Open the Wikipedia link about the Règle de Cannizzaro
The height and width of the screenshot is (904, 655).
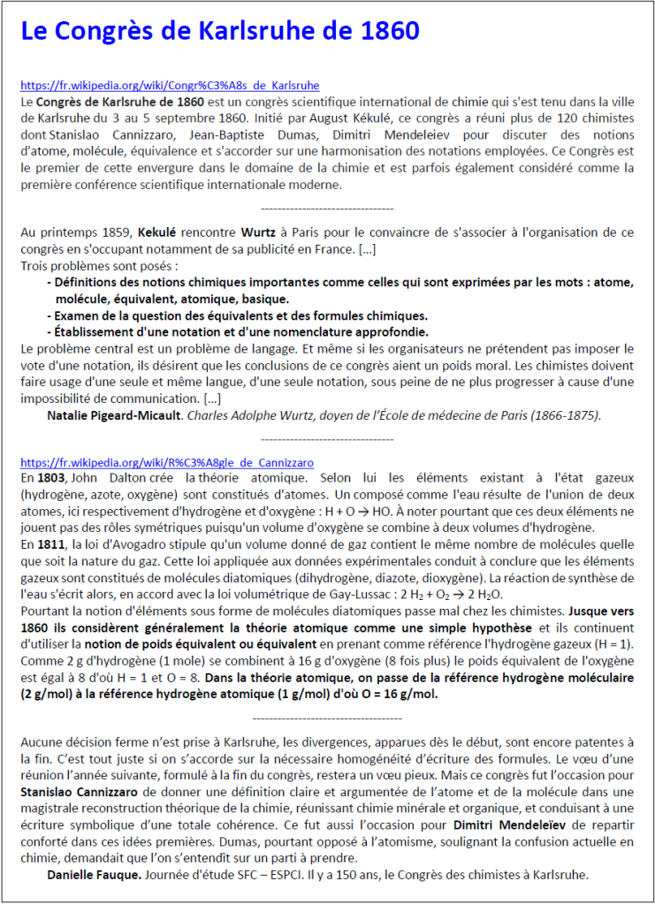pos(166,462)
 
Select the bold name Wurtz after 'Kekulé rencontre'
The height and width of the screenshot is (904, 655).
pos(256,232)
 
